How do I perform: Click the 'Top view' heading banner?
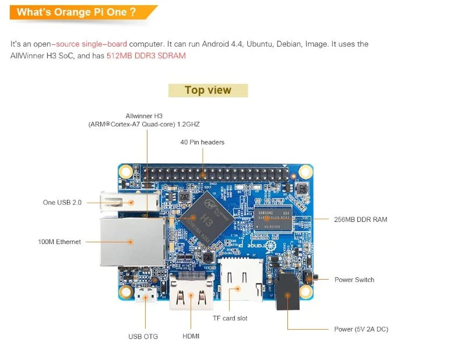point(208,90)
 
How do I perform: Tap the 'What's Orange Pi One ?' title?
point(76,12)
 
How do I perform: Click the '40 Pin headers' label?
point(202,142)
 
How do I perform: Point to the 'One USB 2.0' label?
point(62,203)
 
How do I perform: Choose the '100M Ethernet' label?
point(59,242)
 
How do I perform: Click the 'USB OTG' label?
point(143,336)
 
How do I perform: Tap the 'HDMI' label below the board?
point(191,336)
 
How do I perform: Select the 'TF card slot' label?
point(230,318)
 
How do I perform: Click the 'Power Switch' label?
point(354,280)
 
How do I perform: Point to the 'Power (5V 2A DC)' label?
point(361,329)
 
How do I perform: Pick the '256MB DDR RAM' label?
point(361,220)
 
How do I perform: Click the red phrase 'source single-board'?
point(92,44)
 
